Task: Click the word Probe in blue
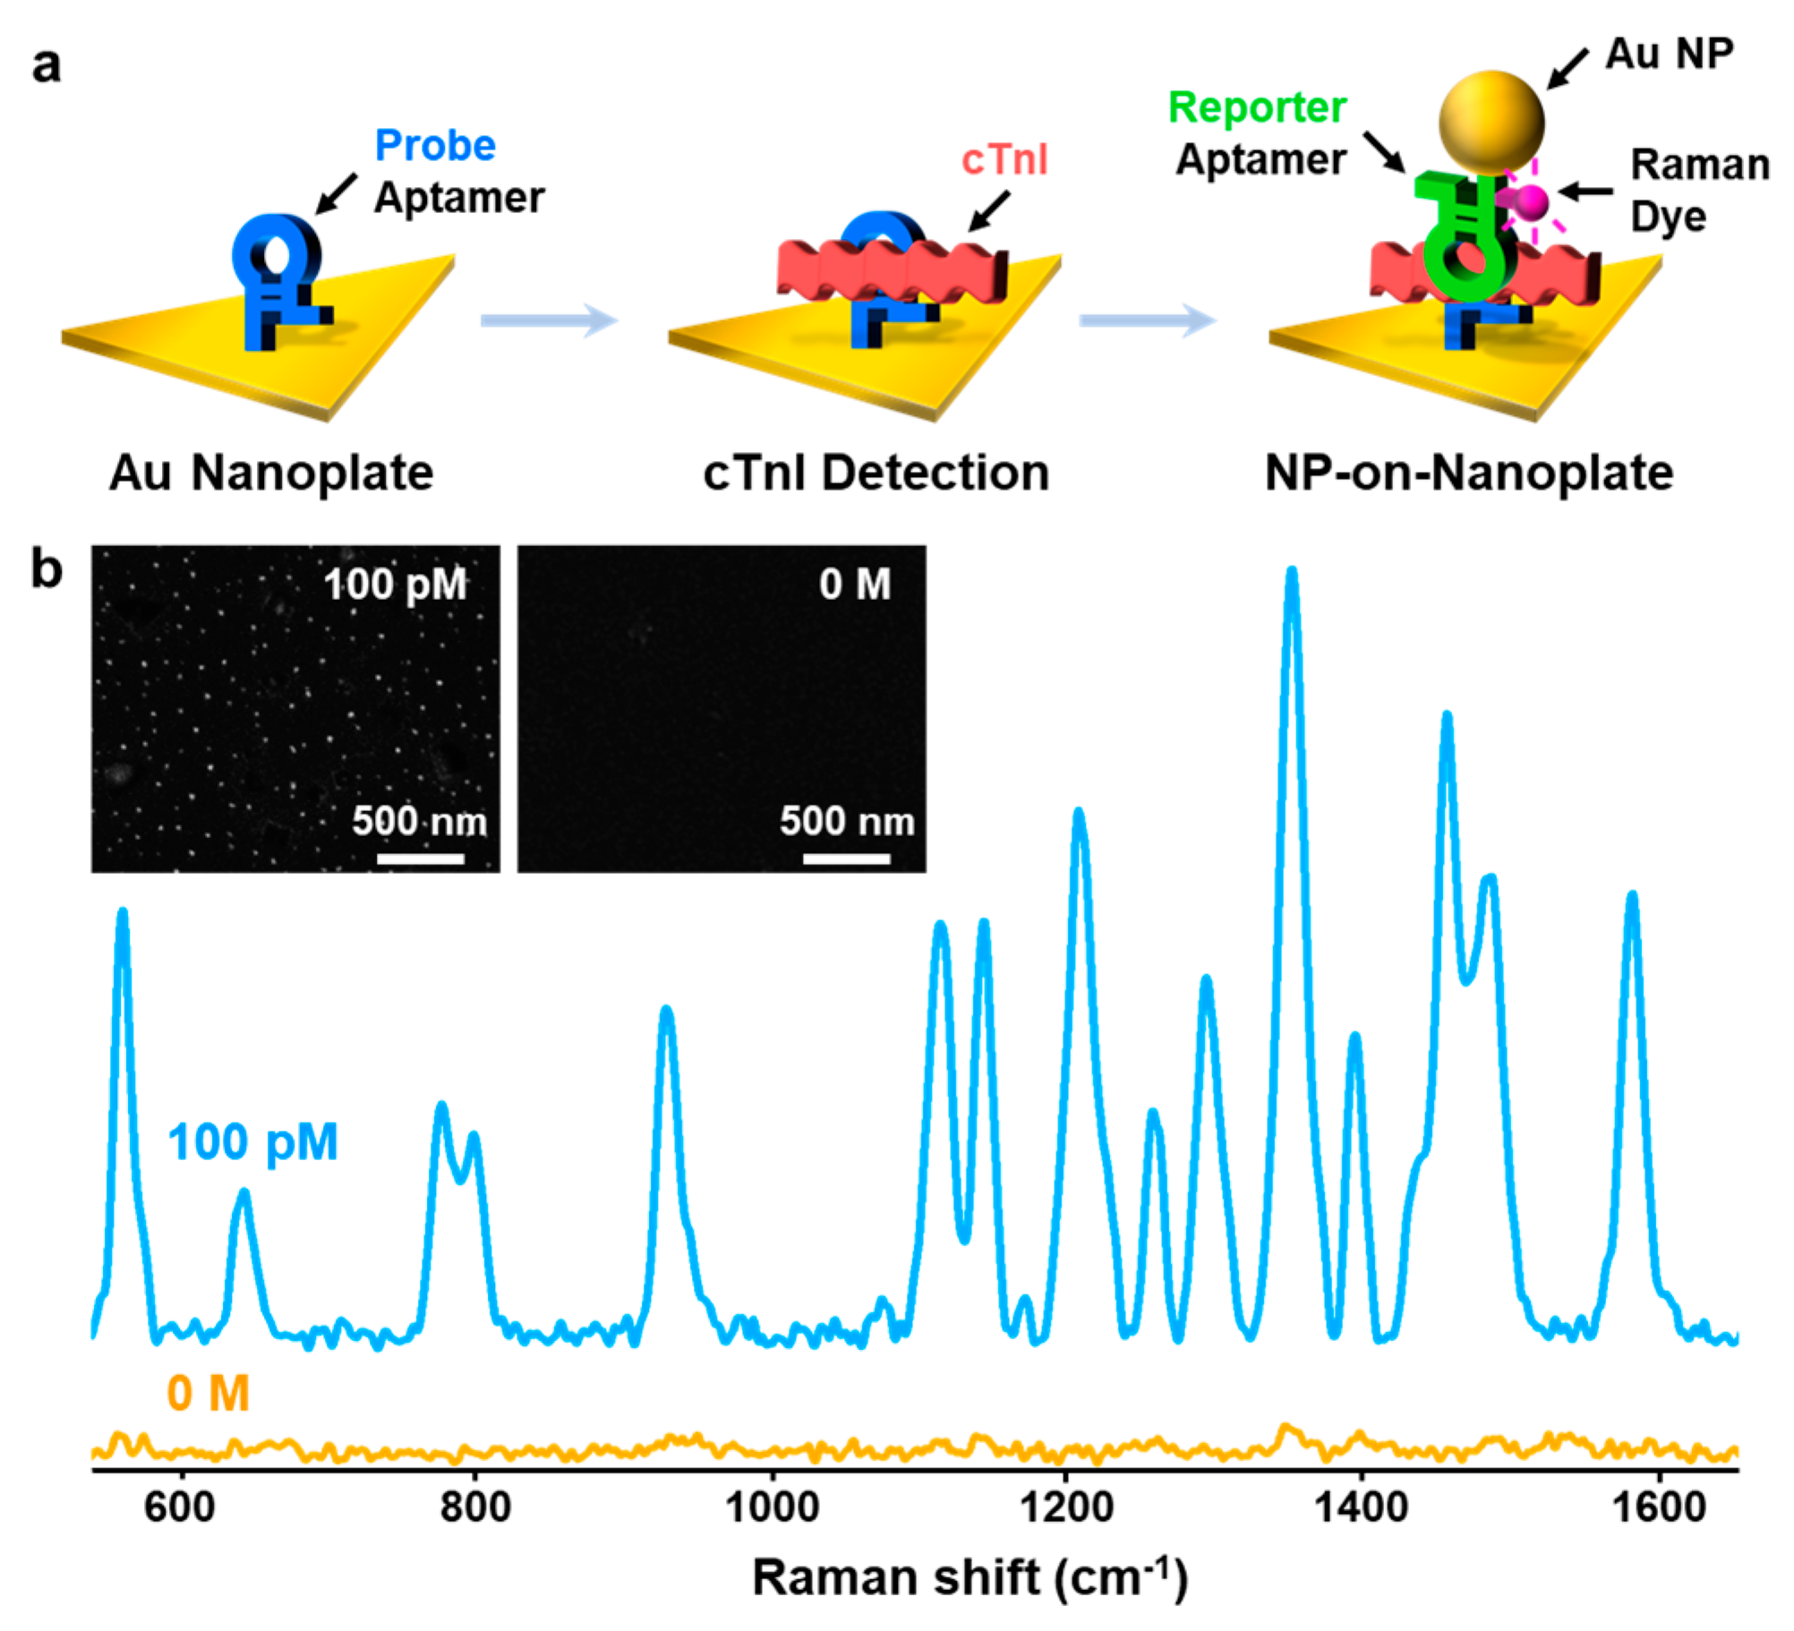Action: (x=435, y=145)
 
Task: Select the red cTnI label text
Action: (x=1004, y=160)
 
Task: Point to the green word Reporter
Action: (x=1257, y=108)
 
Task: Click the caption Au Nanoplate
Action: (x=270, y=472)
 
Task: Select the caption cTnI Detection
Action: (x=876, y=472)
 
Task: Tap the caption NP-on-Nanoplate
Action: (x=1468, y=472)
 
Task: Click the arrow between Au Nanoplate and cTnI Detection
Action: (x=549, y=320)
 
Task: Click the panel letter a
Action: (x=47, y=65)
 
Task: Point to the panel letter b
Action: (x=47, y=569)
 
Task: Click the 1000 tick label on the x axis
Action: (x=771, y=1507)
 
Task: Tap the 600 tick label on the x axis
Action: (x=180, y=1507)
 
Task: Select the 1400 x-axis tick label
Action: (x=1361, y=1507)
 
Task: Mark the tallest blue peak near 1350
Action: (x=1291, y=577)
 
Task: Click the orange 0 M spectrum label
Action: (x=208, y=1394)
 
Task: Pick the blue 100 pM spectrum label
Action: (x=252, y=1142)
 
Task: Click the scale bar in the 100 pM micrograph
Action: (x=421, y=858)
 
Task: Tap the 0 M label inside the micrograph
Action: (x=855, y=585)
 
